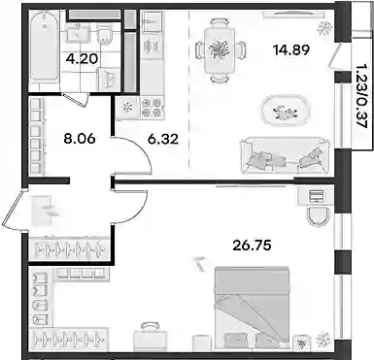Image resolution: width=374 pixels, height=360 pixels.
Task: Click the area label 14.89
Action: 291,49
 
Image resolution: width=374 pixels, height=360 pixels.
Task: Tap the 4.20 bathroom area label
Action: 82,59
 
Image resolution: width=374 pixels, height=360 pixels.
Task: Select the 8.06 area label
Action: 80,139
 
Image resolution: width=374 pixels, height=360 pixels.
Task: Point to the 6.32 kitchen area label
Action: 163,139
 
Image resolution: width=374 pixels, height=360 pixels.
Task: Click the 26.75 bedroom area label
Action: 252,245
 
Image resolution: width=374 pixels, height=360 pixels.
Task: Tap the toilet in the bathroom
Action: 105,35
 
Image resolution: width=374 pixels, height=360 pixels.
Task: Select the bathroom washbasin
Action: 78,33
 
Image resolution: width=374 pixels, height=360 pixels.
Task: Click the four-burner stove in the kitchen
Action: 153,107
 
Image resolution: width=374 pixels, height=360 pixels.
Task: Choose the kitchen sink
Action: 152,21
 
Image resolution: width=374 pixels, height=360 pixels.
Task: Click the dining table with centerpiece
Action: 219,50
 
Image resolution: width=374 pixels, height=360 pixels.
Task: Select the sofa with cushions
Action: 285,155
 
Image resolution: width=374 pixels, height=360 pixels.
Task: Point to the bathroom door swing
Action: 76,99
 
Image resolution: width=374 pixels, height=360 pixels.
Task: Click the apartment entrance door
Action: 13,210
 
